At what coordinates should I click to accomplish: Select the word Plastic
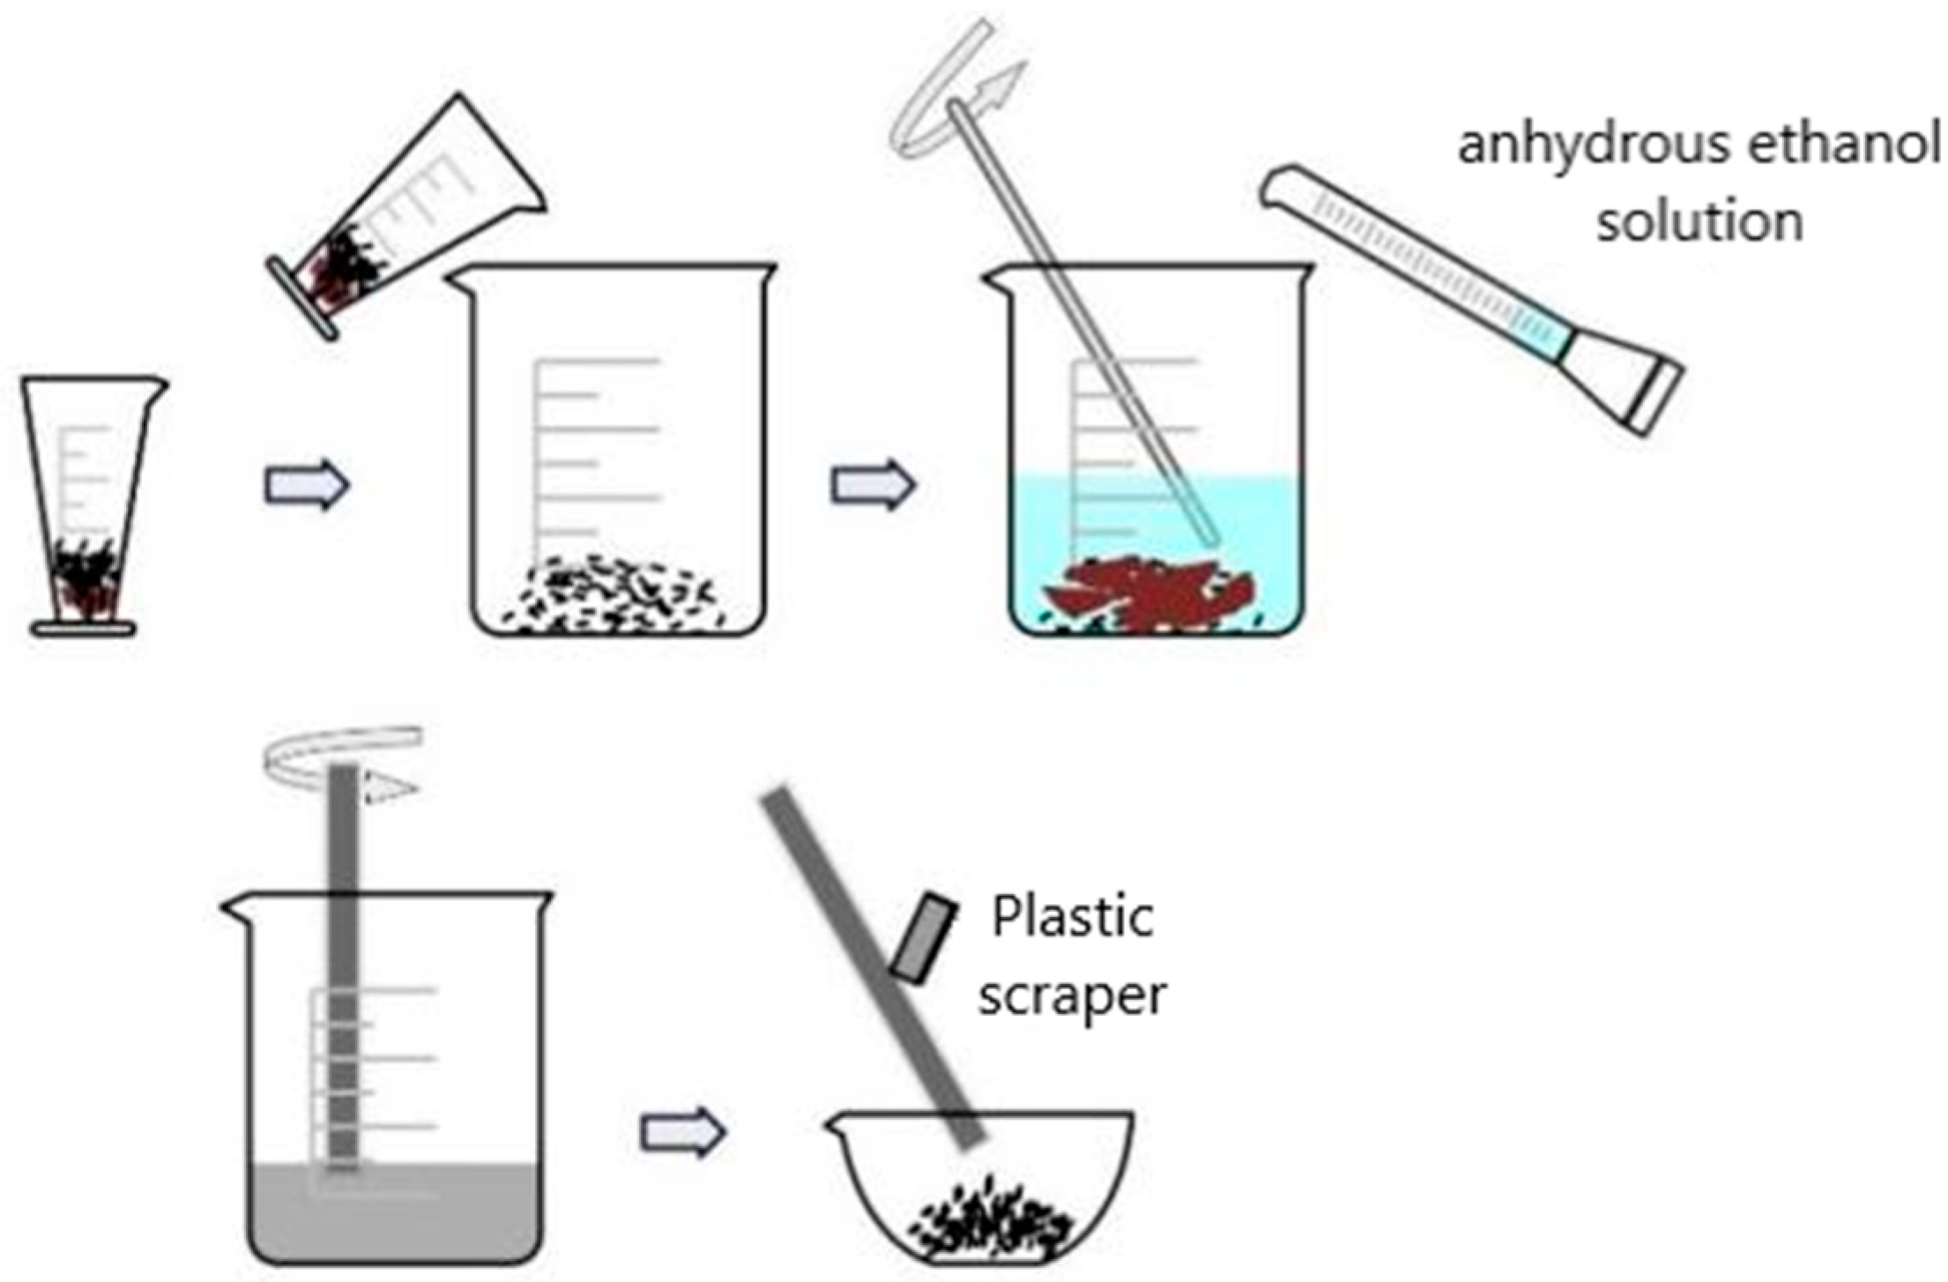coord(1073,917)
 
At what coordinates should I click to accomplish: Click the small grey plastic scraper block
coord(923,938)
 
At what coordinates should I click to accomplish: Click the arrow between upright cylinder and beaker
coord(307,485)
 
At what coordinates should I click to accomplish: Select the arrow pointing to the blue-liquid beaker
coord(873,485)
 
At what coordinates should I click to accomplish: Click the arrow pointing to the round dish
coord(682,1132)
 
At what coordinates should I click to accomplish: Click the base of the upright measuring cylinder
coord(84,629)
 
